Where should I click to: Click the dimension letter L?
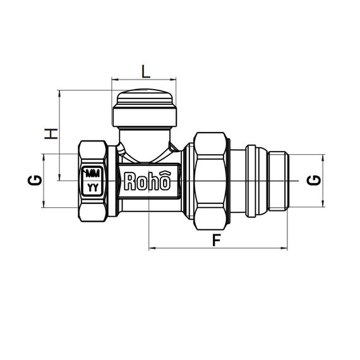(145, 72)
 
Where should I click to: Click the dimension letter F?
(216, 240)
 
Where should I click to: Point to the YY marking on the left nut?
(93, 188)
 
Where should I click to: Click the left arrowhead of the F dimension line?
(151, 248)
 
